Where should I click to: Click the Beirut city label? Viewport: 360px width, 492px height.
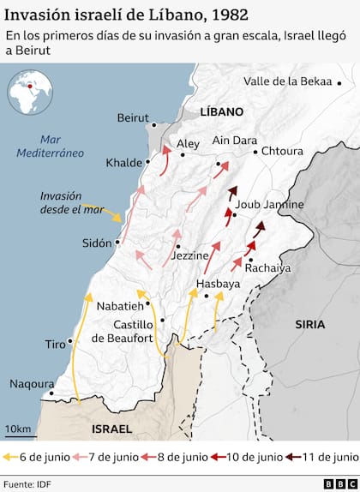pyautogui.click(x=133, y=117)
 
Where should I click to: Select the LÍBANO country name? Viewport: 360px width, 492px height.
pyautogui.click(x=221, y=111)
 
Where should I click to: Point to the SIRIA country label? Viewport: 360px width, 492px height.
pyautogui.click(x=309, y=324)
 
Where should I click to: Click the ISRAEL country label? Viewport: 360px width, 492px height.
pyautogui.click(x=111, y=428)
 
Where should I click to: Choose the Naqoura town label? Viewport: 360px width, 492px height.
pyautogui.click(x=32, y=384)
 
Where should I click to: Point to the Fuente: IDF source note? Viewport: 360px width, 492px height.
pyautogui.click(x=27, y=483)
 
